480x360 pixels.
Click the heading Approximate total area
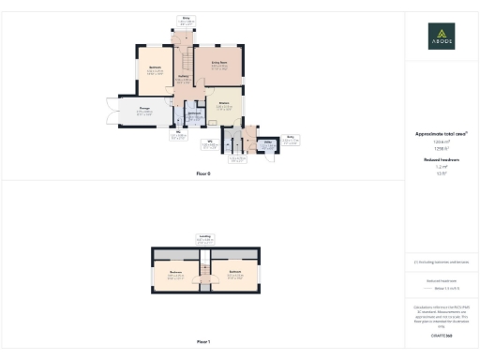pyautogui.click(x=441, y=134)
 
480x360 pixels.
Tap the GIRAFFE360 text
pyautogui.click(x=442, y=335)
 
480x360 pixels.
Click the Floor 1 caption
pyautogui.click(x=202, y=342)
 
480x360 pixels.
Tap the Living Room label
pyautogui.click(x=219, y=62)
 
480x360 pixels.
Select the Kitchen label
pyautogui.click(x=223, y=103)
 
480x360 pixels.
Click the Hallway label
pyautogui.click(x=184, y=78)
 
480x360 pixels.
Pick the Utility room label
pyautogui.click(x=267, y=142)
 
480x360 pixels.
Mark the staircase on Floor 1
pyautogui.click(x=203, y=273)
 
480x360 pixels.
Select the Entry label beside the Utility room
pyautogui.click(x=291, y=136)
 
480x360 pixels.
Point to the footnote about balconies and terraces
pyautogui.click(x=441, y=262)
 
